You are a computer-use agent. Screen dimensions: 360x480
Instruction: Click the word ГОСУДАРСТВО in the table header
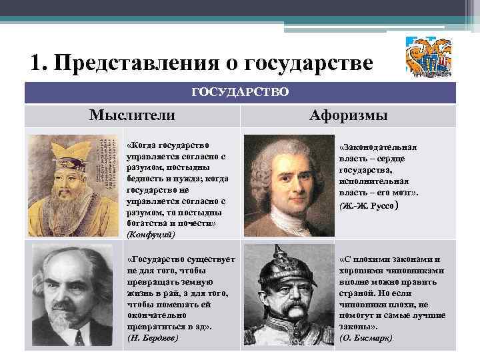pyautogui.click(x=240, y=91)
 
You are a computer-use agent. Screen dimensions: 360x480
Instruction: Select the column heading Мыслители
pyautogui.click(x=132, y=115)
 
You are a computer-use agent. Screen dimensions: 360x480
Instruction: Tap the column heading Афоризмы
pyautogui.click(x=348, y=115)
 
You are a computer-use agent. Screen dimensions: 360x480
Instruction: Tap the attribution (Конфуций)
pyautogui.click(x=151, y=234)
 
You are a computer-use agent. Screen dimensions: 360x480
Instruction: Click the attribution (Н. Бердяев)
pyautogui.click(x=153, y=338)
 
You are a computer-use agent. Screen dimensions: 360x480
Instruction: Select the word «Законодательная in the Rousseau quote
pyautogui.click(x=379, y=147)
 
